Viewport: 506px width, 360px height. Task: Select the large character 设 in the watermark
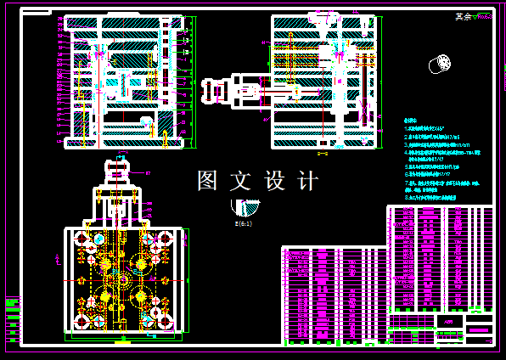pos(275,181)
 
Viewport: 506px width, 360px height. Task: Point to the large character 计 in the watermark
pos(307,181)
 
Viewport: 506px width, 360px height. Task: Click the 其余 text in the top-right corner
pos(463,16)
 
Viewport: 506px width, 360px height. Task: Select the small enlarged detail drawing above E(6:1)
pos(246,207)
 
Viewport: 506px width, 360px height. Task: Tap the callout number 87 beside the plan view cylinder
pos(148,172)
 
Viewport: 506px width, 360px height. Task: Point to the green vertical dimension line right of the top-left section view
pos(195,76)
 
